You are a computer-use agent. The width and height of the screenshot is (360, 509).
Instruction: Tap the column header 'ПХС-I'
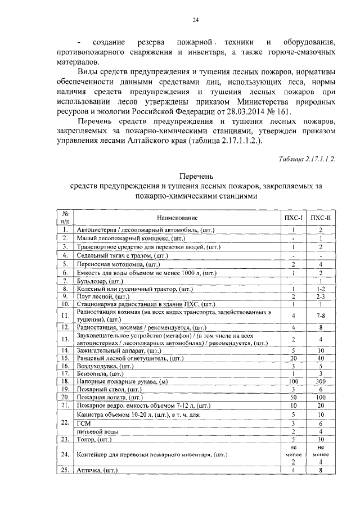click(x=294, y=218)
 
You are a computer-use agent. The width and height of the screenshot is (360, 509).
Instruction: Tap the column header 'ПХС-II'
click(x=320, y=218)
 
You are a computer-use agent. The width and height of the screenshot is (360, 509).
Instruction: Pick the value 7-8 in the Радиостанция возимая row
click(x=320, y=316)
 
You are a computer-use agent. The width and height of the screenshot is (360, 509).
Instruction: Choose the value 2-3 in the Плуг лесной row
click(x=320, y=296)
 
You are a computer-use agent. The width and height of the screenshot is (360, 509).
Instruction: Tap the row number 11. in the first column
click(x=66, y=316)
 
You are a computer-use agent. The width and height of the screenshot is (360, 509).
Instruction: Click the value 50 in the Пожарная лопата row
click(x=294, y=397)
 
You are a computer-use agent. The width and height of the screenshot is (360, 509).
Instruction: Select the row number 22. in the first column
click(x=66, y=423)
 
